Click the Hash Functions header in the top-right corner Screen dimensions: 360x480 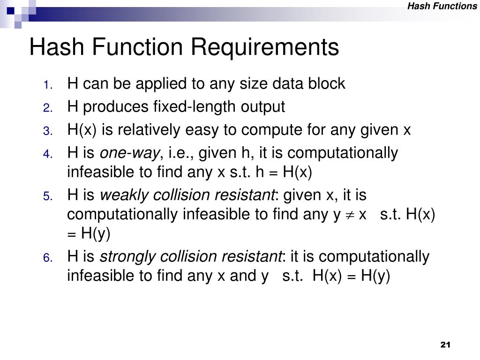click(x=442, y=6)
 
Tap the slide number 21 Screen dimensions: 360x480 click(x=445, y=345)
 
